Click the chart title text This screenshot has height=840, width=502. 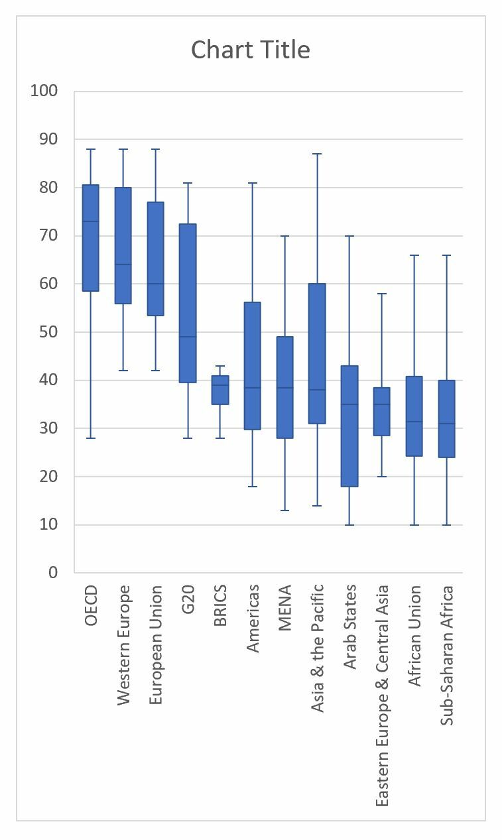(250, 50)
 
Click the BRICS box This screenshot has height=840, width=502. (220, 390)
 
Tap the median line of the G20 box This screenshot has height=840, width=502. (188, 337)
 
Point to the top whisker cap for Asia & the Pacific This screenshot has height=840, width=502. (317, 154)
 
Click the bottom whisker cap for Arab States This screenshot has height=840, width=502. (349, 524)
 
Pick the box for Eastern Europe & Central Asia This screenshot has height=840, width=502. (382, 411)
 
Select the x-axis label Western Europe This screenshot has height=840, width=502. (123, 644)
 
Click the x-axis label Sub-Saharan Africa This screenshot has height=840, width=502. (448, 654)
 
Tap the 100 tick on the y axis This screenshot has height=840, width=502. (44, 91)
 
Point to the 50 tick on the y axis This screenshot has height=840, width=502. (48, 332)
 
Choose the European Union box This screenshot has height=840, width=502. (155, 259)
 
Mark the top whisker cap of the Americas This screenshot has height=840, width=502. (253, 182)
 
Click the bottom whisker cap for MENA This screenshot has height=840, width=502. (285, 510)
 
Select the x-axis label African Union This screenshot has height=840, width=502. (415, 635)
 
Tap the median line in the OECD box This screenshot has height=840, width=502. (90, 221)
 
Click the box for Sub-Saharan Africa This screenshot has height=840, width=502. (447, 418)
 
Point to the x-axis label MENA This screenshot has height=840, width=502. (285, 607)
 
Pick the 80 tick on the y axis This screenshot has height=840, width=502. (48, 188)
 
